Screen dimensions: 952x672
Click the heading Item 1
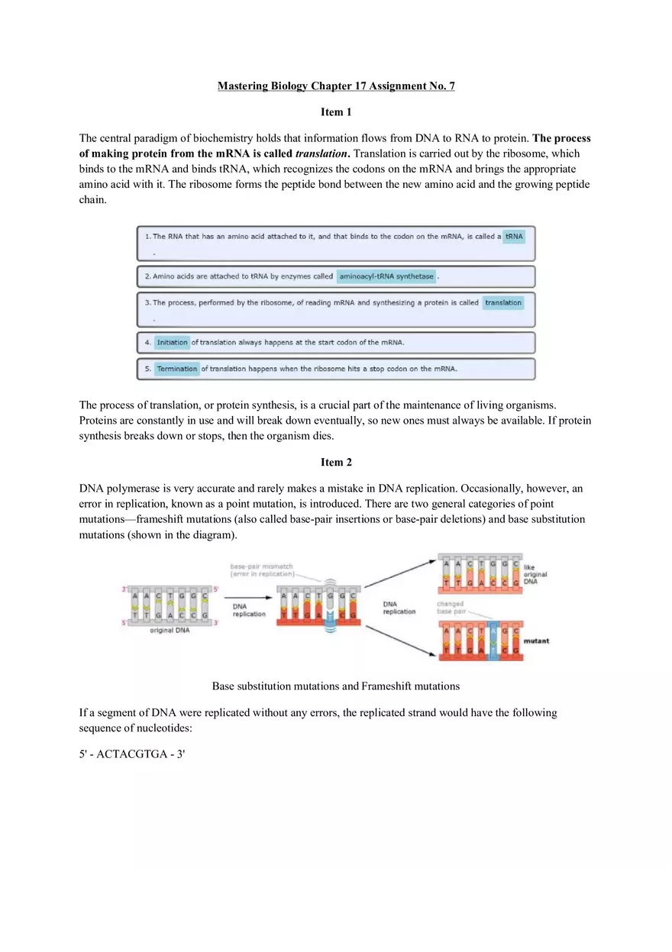[336, 112]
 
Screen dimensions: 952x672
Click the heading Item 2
[336, 462]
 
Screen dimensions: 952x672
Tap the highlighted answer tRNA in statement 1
[514, 237]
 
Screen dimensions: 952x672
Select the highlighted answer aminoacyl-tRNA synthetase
[386, 276]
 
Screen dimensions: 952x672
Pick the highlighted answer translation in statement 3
[503, 302]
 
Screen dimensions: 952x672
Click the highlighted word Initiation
[172, 343]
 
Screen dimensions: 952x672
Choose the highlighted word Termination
[177, 369]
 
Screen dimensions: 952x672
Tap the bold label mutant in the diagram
[536, 641]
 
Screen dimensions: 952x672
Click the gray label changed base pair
[450, 608]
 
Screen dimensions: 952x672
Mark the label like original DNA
[535, 574]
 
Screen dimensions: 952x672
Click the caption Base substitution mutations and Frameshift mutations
[336, 686]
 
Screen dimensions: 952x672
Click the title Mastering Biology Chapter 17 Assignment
[336, 86]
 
